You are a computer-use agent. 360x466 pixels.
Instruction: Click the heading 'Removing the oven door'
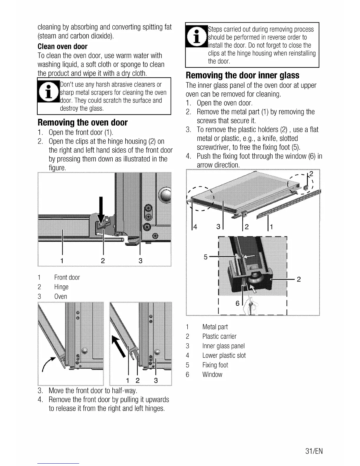coord(82,122)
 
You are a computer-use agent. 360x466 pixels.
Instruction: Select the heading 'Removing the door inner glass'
coord(242,75)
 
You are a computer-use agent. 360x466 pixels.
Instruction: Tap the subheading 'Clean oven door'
coord(62,46)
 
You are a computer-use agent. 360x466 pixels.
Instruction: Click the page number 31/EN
coord(314,451)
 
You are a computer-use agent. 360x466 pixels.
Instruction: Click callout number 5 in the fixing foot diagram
coord(206,257)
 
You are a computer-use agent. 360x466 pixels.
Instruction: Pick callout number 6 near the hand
coord(238,303)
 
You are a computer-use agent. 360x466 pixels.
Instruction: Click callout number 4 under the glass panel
coord(195,227)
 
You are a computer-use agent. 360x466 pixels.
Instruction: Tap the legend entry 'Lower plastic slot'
coord(224,355)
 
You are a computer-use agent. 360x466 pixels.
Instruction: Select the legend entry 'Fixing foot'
coord(215,365)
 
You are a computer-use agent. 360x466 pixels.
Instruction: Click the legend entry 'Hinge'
coord(61,287)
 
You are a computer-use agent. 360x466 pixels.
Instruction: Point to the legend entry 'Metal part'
coord(215,327)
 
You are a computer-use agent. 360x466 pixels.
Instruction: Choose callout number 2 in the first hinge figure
coord(103,261)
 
